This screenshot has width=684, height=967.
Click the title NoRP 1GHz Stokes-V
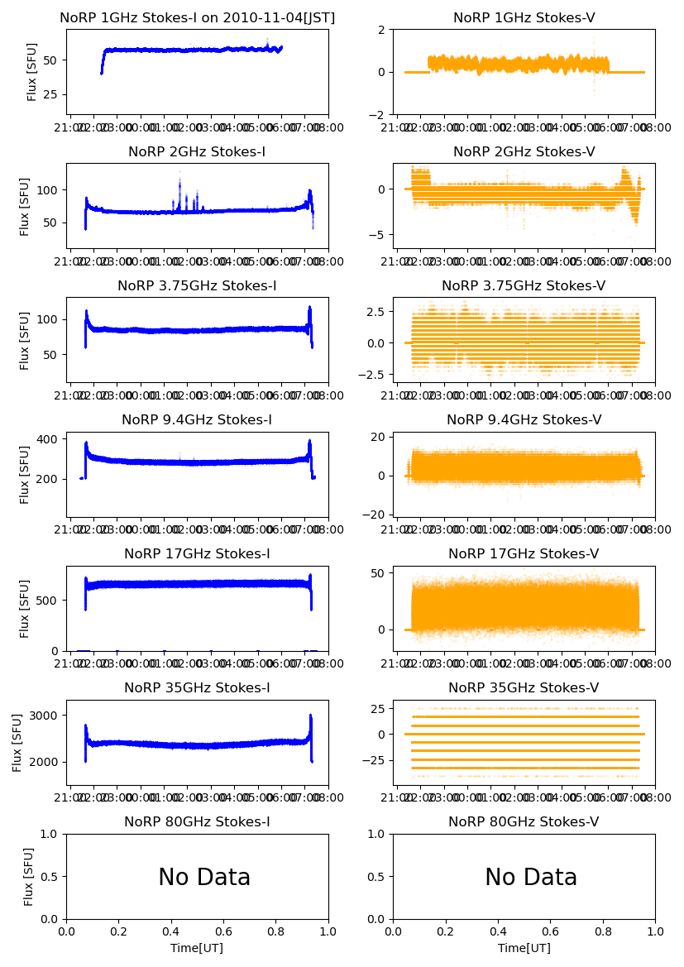pyautogui.click(x=524, y=18)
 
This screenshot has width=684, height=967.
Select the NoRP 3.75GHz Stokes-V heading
pyautogui.click(x=524, y=286)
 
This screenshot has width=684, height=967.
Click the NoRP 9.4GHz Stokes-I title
pyautogui.click(x=197, y=420)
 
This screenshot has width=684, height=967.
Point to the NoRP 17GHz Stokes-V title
pyautogui.click(x=524, y=554)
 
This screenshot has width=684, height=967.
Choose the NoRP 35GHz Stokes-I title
pyautogui.click(x=197, y=688)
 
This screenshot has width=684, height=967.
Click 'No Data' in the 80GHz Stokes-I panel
pyautogui.click(x=204, y=878)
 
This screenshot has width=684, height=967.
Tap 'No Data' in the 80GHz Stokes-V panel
pyautogui.click(x=531, y=878)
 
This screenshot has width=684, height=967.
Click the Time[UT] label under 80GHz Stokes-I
pyautogui.click(x=197, y=948)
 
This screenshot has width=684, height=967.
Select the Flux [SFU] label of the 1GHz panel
pyautogui.click(x=32, y=72)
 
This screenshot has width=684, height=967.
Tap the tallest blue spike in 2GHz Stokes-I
pyautogui.click(x=179, y=174)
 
